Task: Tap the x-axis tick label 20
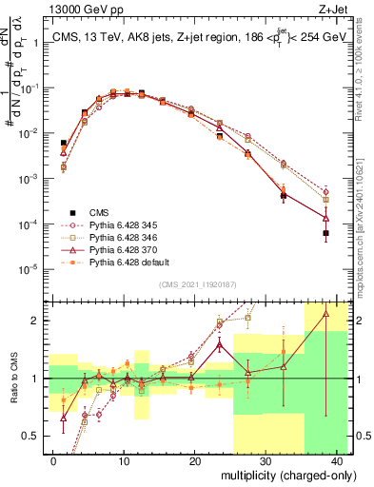coord(194,459)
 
